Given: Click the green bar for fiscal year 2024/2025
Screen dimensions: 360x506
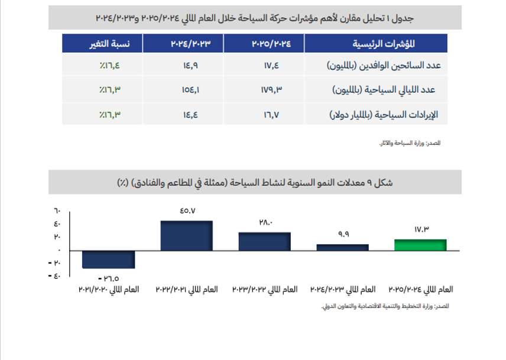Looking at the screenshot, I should [x=420, y=245].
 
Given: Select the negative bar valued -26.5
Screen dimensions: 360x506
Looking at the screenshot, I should [x=109, y=260].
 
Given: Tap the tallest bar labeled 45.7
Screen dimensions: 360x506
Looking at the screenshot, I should [x=187, y=236].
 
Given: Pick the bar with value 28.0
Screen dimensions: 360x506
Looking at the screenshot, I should [x=265, y=242].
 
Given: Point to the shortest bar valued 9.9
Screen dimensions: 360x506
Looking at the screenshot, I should [x=342, y=248].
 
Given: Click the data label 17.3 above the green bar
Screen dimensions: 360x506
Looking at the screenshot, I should [x=420, y=229].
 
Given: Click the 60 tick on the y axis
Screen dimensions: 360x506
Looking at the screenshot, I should [x=57, y=210].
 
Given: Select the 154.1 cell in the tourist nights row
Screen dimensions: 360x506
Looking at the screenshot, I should [x=190, y=90].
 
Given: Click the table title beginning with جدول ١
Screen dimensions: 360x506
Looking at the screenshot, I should [x=255, y=18].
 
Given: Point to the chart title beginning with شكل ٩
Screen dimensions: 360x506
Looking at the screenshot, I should [x=255, y=182].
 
